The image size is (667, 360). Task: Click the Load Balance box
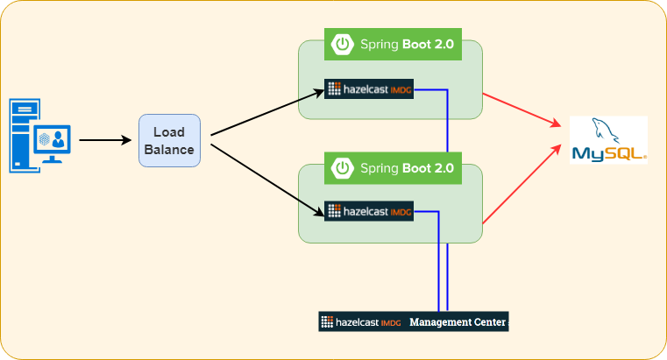[170, 140]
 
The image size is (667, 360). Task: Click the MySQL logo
[608, 140]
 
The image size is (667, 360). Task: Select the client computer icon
[39, 136]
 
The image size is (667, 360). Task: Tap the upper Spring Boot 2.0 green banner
[394, 44]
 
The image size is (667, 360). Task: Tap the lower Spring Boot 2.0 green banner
[394, 166]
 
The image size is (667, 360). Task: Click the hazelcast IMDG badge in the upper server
[369, 89]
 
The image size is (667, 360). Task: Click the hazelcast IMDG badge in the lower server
[369, 211]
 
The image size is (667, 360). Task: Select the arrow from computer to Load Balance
[104, 139]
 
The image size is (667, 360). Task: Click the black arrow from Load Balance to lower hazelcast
[263, 177]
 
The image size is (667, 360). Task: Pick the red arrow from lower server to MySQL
[521, 183]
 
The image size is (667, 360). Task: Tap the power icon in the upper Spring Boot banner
[343, 44]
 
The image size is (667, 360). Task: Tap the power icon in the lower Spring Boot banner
[343, 166]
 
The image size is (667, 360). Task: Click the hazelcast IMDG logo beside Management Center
[361, 321]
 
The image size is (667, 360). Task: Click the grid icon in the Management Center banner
[327, 321]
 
